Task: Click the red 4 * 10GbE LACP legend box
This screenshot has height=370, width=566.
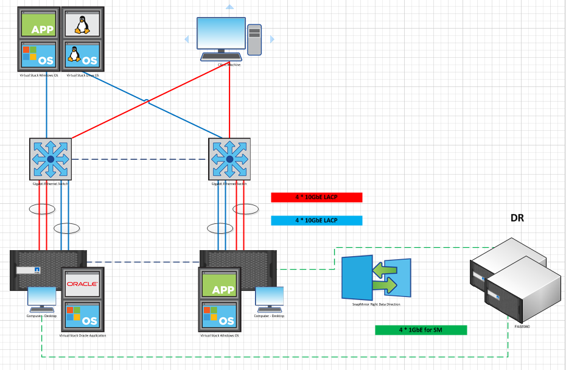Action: tap(316, 197)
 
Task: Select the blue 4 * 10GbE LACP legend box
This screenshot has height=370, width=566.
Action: tap(316, 220)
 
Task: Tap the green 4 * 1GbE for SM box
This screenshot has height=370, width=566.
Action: tap(421, 330)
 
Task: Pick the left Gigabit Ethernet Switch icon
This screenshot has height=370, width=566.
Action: tap(51, 159)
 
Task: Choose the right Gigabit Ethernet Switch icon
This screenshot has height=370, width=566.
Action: tap(229, 159)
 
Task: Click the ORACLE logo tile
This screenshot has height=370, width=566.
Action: tap(82, 284)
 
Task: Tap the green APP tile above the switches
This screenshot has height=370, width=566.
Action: tap(39, 24)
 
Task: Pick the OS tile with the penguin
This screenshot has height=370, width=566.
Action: tap(82, 56)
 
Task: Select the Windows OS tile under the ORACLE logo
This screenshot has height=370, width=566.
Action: tap(82, 316)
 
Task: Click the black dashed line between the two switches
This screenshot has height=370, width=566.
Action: tap(140, 159)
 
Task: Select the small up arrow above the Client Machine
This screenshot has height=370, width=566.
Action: tap(229, 7)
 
